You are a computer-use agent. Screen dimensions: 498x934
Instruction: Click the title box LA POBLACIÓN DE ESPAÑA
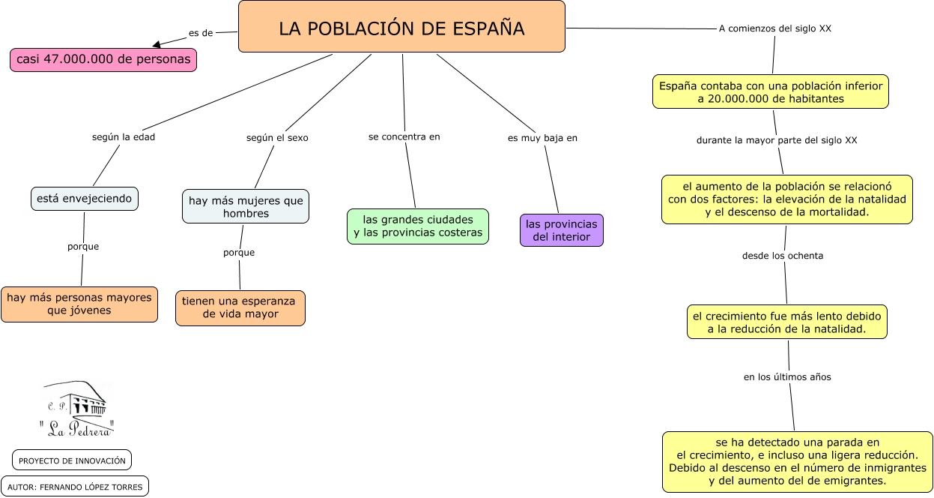[401, 27]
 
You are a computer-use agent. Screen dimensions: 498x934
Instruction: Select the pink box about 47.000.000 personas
[103, 60]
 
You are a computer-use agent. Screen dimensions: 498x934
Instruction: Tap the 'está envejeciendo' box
[85, 199]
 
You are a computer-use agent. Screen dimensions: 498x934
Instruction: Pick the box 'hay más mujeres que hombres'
[246, 206]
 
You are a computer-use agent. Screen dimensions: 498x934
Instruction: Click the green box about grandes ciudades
[418, 226]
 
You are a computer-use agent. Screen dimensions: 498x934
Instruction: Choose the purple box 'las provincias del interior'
[562, 230]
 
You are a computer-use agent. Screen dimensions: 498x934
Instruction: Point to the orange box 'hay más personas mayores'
[79, 304]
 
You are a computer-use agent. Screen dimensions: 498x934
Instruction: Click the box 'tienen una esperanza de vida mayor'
[240, 307]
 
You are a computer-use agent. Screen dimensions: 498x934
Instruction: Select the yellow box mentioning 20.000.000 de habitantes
[771, 91]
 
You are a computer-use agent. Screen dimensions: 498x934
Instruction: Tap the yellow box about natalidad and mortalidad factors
[787, 199]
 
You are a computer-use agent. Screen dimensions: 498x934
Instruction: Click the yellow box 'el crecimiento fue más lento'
[787, 322]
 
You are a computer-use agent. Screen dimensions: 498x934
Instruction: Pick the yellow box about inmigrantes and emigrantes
[798, 461]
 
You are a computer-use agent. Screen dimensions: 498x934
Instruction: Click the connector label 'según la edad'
[124, 137]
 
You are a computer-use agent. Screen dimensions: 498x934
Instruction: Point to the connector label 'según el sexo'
[277, 138]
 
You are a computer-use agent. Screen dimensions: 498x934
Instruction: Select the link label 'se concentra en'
[404, 136]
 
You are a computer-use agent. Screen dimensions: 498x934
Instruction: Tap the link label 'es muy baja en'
[542, 138]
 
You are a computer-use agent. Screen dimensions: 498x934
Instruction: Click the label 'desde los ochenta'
[783, 256]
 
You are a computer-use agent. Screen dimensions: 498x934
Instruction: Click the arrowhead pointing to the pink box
[157, 44]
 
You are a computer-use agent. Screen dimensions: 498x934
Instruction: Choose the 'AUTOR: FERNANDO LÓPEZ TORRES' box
[75, 486]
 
